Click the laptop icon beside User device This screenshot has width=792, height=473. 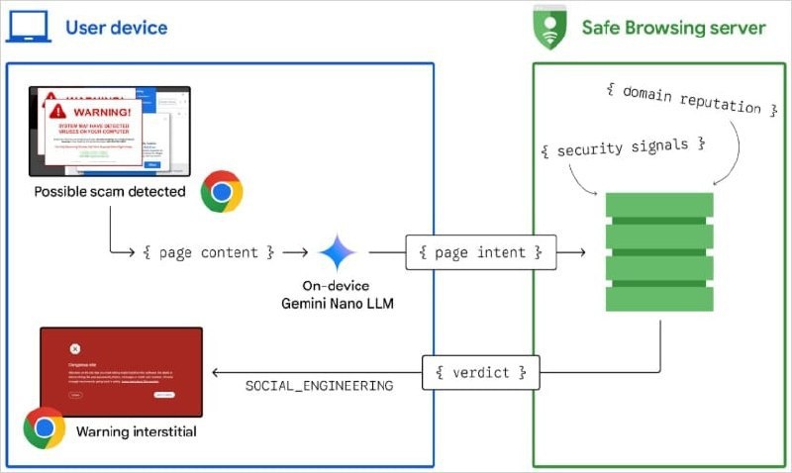[29, 28]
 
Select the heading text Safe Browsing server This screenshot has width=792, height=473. [673, 28]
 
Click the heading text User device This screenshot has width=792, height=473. [116, 28]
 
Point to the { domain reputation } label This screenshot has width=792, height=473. [682, 100]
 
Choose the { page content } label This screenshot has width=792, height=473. [208, 252]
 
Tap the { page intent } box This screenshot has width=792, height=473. [481, 252]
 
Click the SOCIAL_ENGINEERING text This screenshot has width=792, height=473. [319, 385]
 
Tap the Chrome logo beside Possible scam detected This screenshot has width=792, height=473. [221, 191]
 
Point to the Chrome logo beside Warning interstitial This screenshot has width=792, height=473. [45, 427]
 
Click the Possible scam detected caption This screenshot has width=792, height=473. [110, 191]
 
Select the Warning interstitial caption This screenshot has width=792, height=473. [137, 431]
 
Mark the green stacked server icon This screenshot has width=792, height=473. [658, 252]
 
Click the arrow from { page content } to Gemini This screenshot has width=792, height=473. [296, 253]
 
